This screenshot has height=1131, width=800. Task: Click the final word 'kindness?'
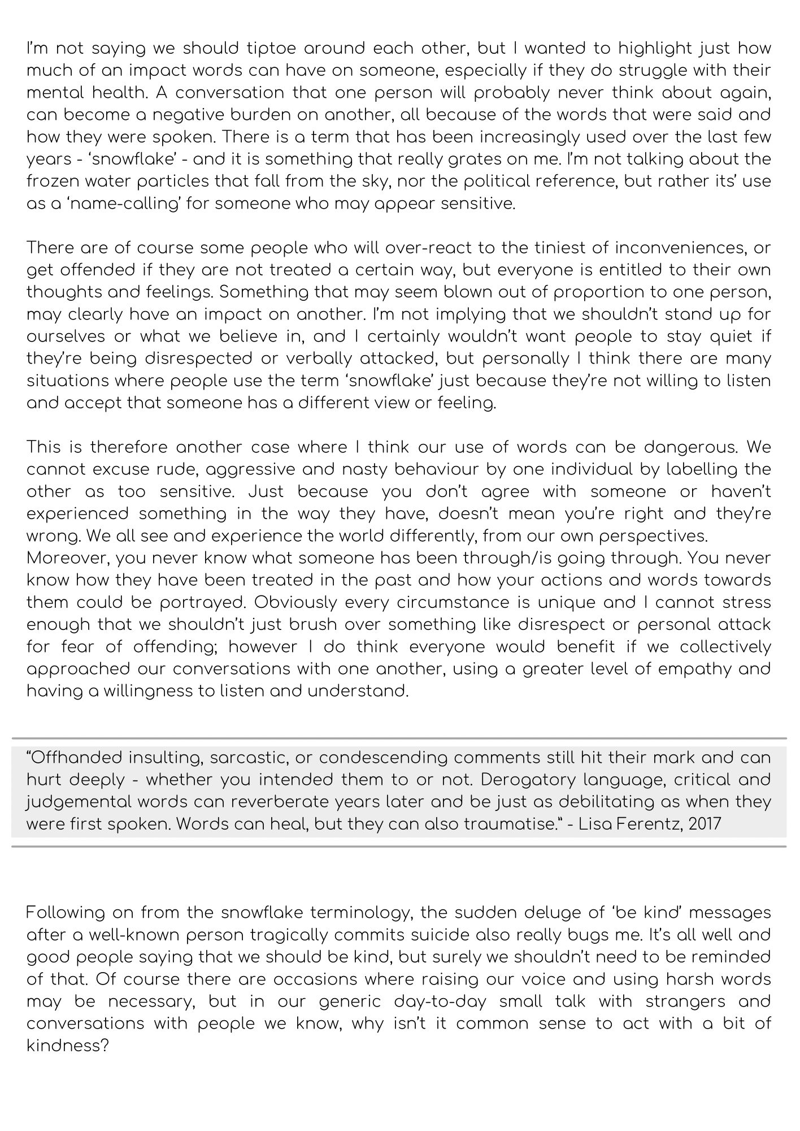point(67,1046)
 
